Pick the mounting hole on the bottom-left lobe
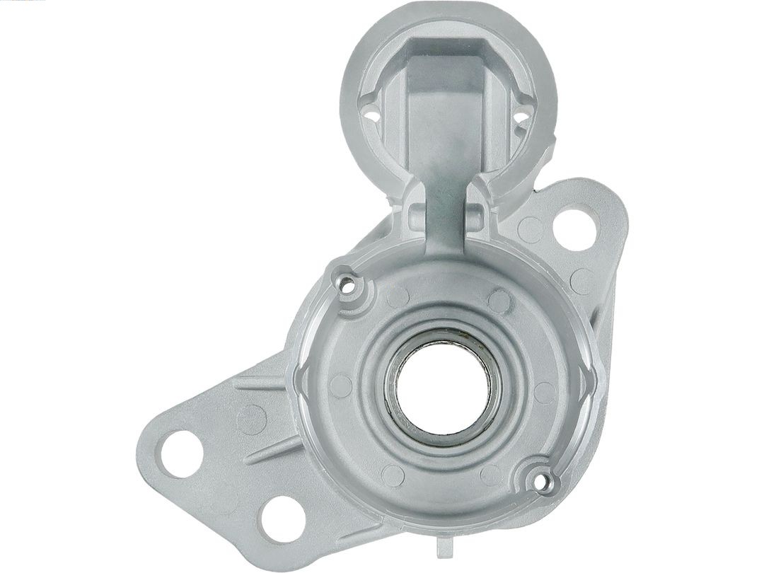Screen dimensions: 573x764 282,519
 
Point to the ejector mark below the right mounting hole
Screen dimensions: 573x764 581,281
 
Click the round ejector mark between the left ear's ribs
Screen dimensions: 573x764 251,419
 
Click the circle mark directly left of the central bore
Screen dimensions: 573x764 341,386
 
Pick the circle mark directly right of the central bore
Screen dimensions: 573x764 544,393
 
